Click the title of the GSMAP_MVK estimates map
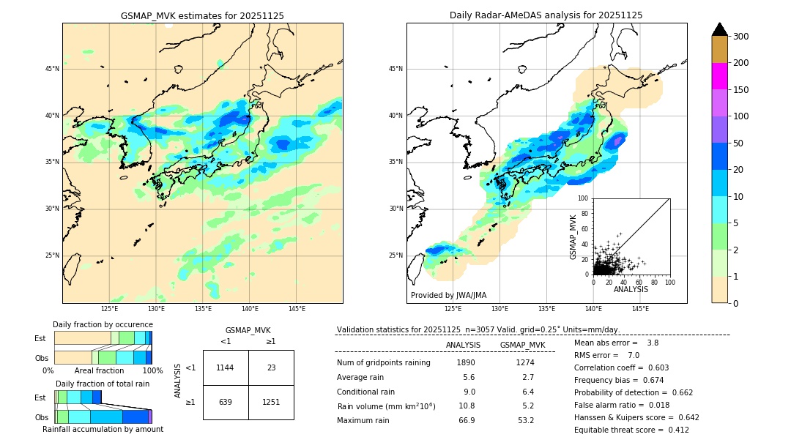pyautogui.click(x=202, y=15)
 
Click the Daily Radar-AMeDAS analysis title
pyautogui.click(x=546, y=15)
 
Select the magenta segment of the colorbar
pyautogui.click(x=720, y=76)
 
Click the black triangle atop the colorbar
pyautogui.click(x=720, y=29)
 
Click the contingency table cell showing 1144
pyautogui.click(x=226, y=367)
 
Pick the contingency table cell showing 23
pyautogui.click(x=271, y=367)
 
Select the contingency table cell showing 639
pyautogui.click(x=226, y=402)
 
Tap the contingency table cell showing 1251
pyautogui.click(x=271, y=402)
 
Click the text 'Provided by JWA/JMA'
pyautogui.click(x=448, y=296)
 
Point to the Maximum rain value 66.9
pyautogui.click(x=466, y=420)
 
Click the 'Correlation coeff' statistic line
pyautogui.click(x=621, y=367)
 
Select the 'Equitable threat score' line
pyautogui.click(x=631, y=430)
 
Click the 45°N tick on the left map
pyautogui.click(x=52, y=69)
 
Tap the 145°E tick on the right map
pyautogui.click(x=640, y=310)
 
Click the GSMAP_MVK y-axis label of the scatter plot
pyautogui.click(x=573, y=236)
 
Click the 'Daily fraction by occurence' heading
pyautogui.click(x=103, y=324)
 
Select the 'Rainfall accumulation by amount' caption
pyautogui.click(x=103, y=430)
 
